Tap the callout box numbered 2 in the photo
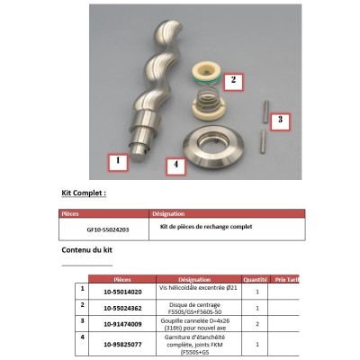point(233,80)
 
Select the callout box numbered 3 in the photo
point(281,119)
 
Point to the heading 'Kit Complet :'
point(84,193)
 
